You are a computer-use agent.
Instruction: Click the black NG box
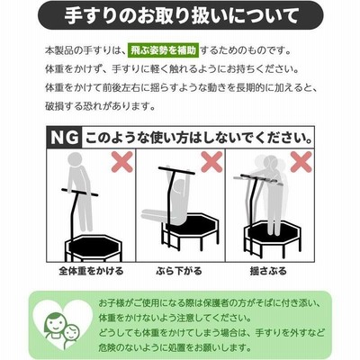click(x=64, y=138)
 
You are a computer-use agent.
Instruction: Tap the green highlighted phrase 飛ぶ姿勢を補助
click(x=163, y=50)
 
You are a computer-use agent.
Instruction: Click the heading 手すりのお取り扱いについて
click(x=180, y=15)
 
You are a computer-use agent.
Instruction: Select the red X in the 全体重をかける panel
click(x=122, y=162)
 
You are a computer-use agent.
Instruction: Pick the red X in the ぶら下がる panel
click(x=211, y=162)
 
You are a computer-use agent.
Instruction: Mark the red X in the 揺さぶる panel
click(x=301, y=162)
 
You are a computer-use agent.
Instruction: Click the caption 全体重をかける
click(x=91, y=271)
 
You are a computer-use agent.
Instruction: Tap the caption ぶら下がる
click(x=179, y=271)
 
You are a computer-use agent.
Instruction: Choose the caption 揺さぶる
click(x=268, y=271)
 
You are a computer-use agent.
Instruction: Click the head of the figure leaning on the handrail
click(x=75, y=159)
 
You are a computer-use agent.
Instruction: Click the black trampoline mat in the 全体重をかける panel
click(x=94, y=247)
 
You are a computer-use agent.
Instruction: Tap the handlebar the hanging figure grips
click(x=176, y=170)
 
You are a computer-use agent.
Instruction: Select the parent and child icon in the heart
click(x=62, y=328)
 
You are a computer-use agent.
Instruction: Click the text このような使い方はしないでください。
click(x=198, y=138)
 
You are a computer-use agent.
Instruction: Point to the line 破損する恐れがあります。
click(x=100, y=105)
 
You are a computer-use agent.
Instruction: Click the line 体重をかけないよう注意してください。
click(x=175, y=318)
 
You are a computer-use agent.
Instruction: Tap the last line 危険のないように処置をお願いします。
click(x=175, y=347)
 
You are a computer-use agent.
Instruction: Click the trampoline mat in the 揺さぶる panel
click(x=273, y=229)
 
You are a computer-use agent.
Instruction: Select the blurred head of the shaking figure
click(x=270, y=165)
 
